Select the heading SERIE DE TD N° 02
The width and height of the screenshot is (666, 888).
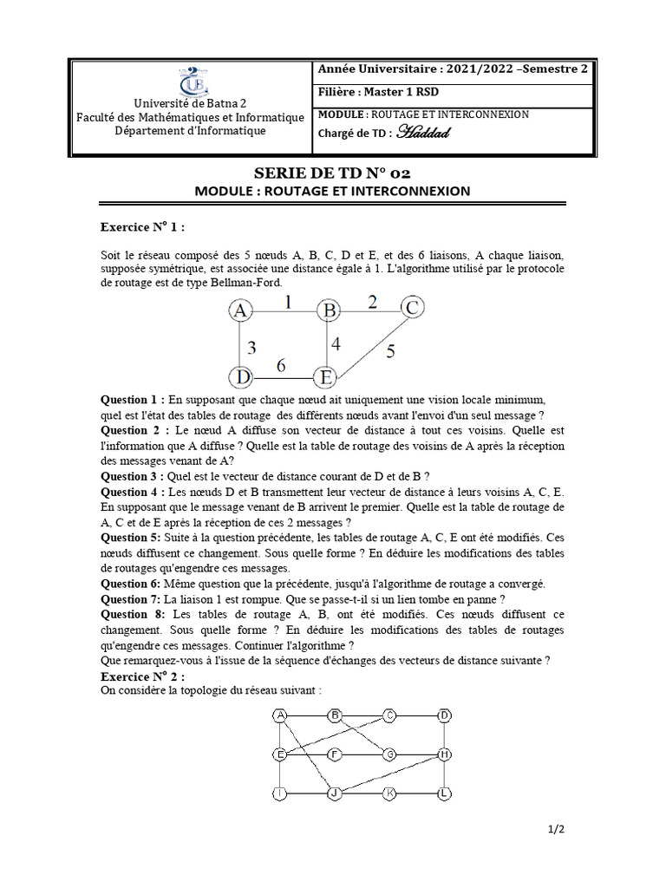332,173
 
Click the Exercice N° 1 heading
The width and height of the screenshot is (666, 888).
142,227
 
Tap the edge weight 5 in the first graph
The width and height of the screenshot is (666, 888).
390,351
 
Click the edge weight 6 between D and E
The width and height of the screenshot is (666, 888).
282,366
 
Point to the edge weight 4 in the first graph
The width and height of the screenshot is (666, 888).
336,343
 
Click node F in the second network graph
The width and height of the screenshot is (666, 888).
335,754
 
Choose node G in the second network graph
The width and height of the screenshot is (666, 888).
390,754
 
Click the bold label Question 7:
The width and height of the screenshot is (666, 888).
130,600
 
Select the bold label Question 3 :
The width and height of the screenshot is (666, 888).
133,475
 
